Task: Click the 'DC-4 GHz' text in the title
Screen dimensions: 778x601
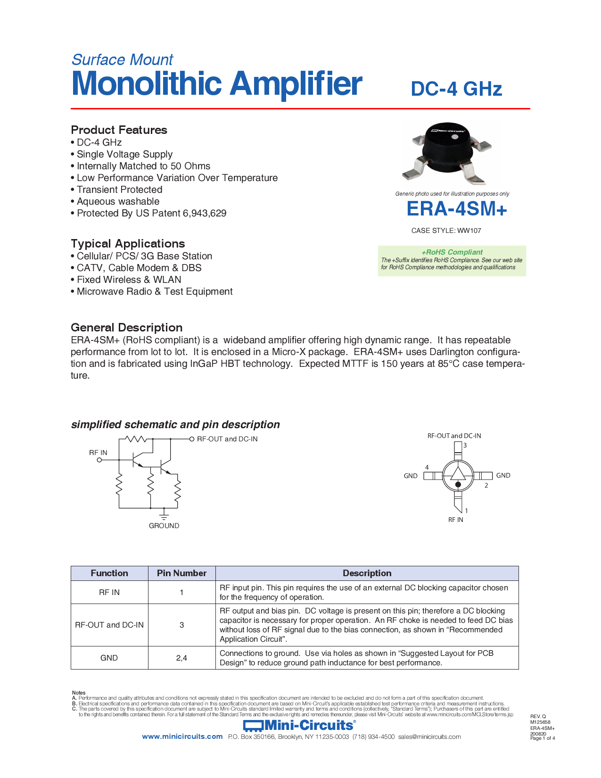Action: pos(456,89)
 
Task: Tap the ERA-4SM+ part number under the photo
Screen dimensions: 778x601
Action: pos(456,209)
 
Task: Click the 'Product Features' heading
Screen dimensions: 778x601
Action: pos(119,130)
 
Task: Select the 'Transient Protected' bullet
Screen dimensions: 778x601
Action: pos(119,190)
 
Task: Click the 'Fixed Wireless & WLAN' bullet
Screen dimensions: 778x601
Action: pos(129,280)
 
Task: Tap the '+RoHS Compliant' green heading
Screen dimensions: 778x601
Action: pos(452,252)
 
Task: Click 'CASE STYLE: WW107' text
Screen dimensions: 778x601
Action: pos(446,231)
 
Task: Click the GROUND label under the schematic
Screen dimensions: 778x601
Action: pos(164,526)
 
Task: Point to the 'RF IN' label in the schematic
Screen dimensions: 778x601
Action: pos(98,453)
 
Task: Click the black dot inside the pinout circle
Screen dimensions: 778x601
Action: pos(458,485)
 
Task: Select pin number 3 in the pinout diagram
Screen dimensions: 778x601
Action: pos(465,445)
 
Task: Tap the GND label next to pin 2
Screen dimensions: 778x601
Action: pos(503,475)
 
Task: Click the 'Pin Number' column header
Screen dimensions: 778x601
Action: pos(181,573)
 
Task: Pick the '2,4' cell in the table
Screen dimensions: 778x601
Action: pos(181,658)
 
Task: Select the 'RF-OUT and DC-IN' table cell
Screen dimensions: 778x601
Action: pos(109,625)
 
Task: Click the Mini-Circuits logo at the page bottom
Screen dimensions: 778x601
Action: pos(299,725)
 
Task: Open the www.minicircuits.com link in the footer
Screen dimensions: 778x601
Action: pos(182,737)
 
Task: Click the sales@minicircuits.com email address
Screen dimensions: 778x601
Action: pos(429,737)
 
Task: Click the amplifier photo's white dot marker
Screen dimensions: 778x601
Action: pos(455,137)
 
